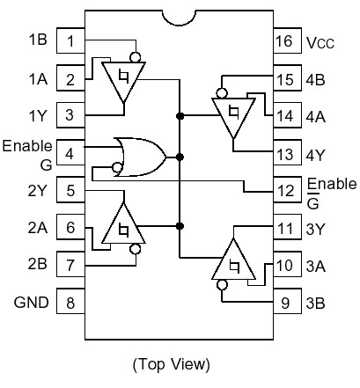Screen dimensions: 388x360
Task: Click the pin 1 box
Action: tap(70, 40)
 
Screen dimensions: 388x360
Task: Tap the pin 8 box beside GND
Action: tap(70, 304)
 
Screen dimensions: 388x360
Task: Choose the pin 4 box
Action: tap(70, 153)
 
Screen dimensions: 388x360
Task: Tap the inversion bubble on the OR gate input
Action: tap(116, 167)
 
